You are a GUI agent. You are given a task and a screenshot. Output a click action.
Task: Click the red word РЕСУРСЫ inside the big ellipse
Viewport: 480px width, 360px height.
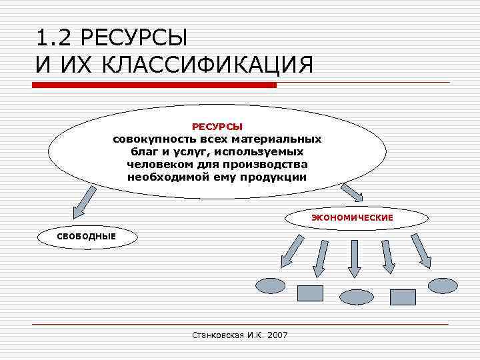pyautogui.click(x=217, y=126)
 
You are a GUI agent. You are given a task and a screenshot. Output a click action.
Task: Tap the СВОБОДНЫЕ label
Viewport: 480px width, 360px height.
pyautogui.click(x=87, y=236)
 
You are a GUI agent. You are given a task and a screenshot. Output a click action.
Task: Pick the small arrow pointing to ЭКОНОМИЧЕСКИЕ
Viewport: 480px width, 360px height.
pyautogui.click(x=351, y=193)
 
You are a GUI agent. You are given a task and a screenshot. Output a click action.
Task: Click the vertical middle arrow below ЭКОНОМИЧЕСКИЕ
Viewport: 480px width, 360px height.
pyautogui.click(x=354, y=257)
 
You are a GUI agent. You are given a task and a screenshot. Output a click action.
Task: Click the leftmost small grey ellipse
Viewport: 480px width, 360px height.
pyautogui.click(x=271, y=286)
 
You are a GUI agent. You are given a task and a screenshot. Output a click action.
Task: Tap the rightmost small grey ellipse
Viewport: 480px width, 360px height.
pyautogui.click(x=443, y=286)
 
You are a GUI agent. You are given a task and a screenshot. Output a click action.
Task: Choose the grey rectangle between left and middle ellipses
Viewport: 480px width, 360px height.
pyautogui.click(x=309, y=293)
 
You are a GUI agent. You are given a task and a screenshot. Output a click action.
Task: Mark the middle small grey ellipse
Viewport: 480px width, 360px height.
pyautogui.click(x=357, y=296)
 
